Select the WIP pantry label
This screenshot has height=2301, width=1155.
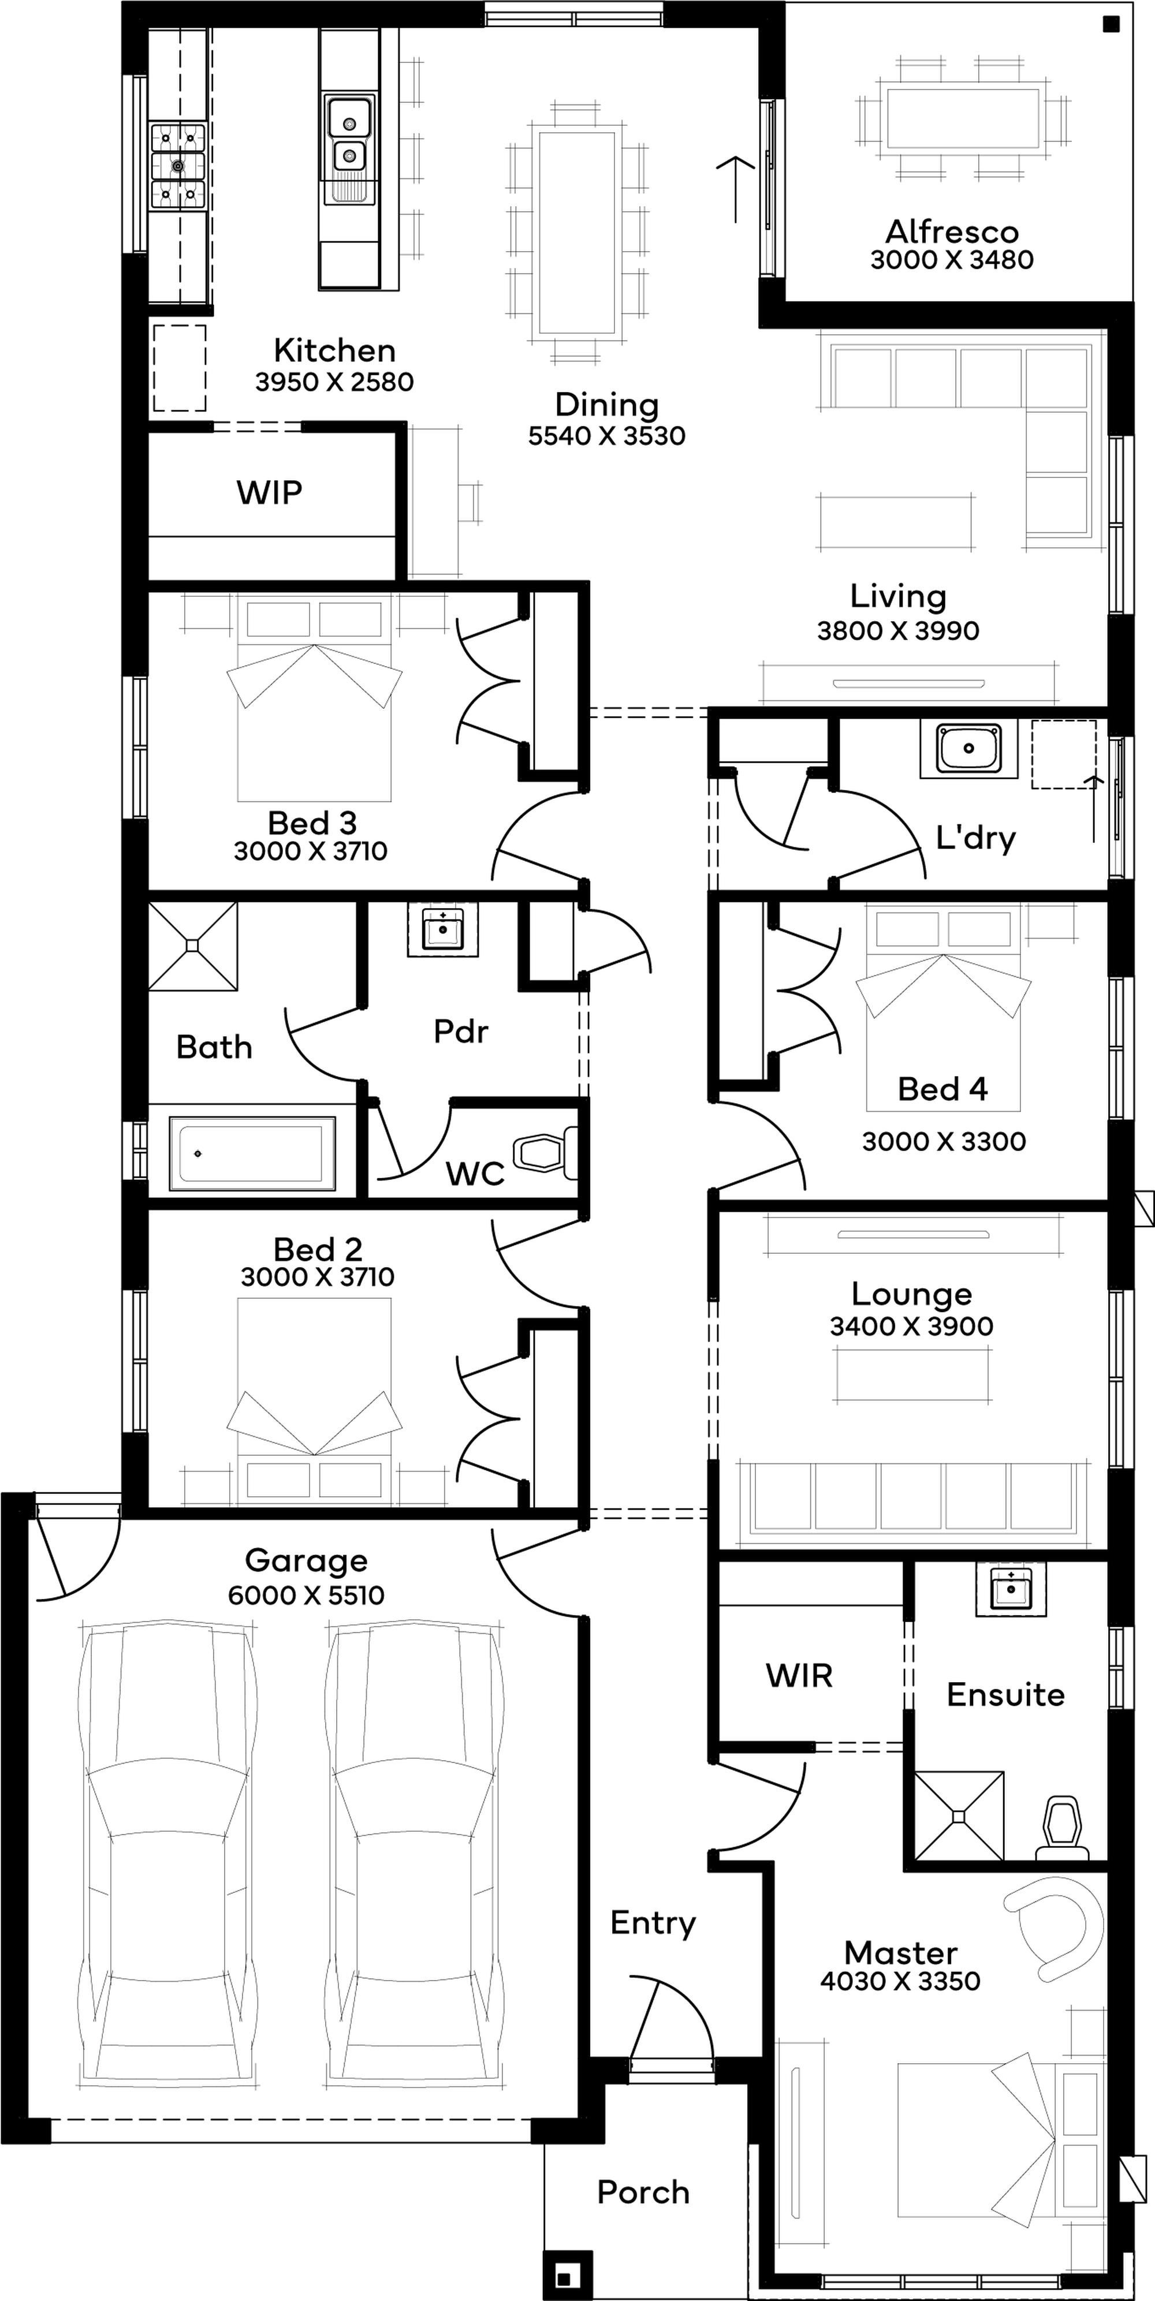(269, 492)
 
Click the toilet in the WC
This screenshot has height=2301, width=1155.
(546, 1153)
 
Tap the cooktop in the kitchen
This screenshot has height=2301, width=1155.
(178, 166)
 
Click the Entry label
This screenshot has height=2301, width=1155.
(653, 1923)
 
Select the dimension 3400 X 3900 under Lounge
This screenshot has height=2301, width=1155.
(911, 1325)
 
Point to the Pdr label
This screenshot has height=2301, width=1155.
(461, 1031)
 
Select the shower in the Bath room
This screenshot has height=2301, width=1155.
(193, 946)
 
